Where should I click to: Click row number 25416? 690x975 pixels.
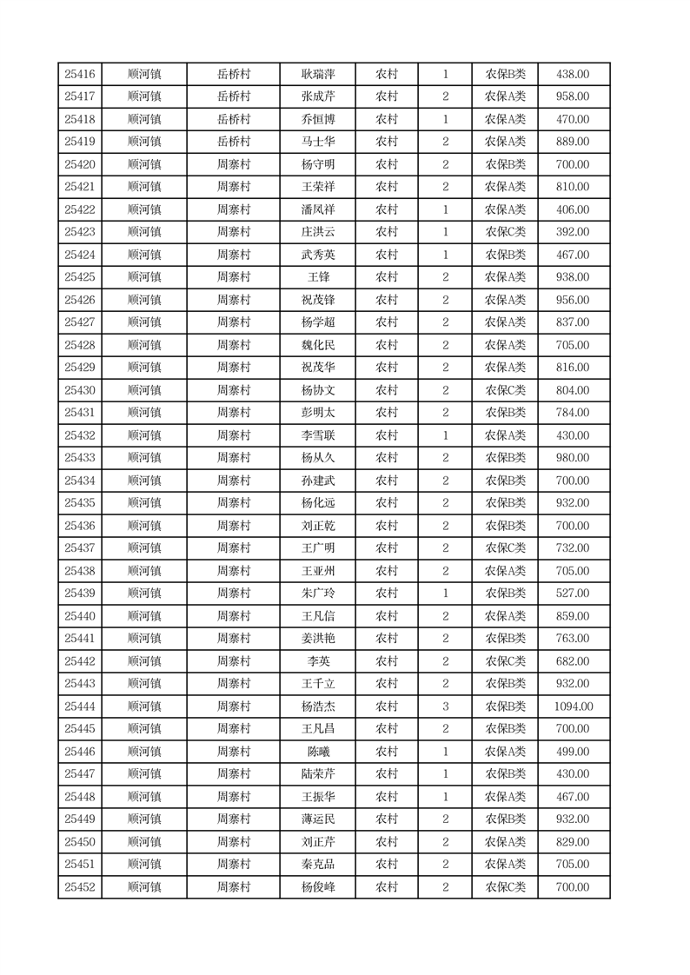click(80, 75)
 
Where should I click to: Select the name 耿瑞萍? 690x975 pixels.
click(318, 75)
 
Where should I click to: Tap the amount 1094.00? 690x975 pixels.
click(574, 706)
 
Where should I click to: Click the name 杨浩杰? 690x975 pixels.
click(318, 706)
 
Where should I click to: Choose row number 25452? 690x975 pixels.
click(80, 887)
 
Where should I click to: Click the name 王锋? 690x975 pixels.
click(318, 277)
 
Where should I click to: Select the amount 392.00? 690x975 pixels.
click(574, 232)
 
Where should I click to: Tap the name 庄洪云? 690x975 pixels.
click(318, 232)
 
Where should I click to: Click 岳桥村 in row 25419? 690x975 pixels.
click(233, 142)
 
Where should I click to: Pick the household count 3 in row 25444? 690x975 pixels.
click(445, 706)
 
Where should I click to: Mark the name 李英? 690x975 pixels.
click(318, 661)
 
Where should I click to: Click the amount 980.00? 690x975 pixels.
click(574, 458)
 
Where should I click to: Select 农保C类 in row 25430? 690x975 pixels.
click(505, 390)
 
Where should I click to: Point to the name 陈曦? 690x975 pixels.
click(318, 752)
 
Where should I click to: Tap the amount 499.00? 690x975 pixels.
click(574, 752)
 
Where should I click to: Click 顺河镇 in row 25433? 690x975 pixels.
click(144, 458)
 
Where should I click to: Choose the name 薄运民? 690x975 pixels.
click(318, 819)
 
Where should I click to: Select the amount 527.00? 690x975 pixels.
click(574, 594)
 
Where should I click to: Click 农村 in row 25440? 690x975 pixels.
click(387, 616)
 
